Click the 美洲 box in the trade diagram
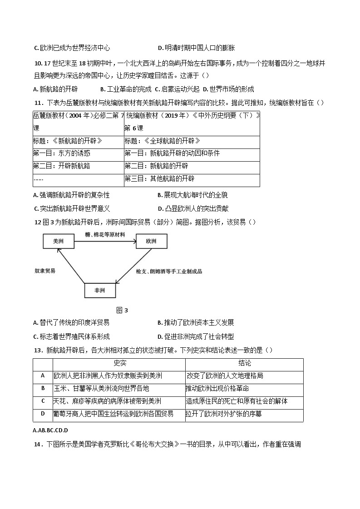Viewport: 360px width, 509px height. click(x=58, y=241)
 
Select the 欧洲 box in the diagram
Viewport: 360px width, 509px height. click(x=151, y=241)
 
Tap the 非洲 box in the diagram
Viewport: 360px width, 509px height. click(x=100, y=290)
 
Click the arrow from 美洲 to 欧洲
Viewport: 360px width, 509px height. click(x=105, y=241)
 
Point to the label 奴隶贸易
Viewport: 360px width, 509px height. click(x=45, y=271)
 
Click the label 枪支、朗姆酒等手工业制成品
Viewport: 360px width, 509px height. click(x=169, y=271)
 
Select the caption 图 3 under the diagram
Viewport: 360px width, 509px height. click(x=122, y=311)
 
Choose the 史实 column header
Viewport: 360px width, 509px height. click(x=119, y=363)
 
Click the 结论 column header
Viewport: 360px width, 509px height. click(x=245, y=363)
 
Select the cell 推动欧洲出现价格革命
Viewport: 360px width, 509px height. click(x=217, y=389)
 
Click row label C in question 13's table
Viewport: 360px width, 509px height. click(x=43, y=401)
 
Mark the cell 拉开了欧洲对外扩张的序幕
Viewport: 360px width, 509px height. click(x=223, y=414)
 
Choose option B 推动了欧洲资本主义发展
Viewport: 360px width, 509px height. click(x=196, y=323)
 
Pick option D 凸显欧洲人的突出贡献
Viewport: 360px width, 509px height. click(x=193, y=209)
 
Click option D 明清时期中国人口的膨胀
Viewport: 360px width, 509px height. click(x=196, y=48)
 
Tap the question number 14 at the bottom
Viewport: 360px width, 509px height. click(x=38, y=445)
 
